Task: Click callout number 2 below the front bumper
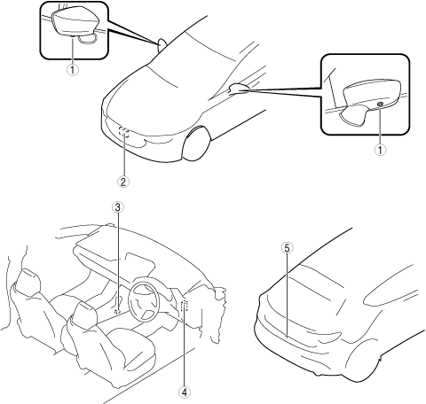pyautogui.click(x=123, y=182)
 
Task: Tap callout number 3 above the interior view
pyautogui.click(x=118, y=207)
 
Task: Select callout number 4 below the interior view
pyautogui.click(x=184, y=392)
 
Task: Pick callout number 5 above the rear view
pyautogui.click(x=287, y=248)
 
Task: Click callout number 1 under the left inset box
pyautogui.click(x=73, y=70)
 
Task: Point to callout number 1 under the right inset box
pyautogui.click(x=381, y=150)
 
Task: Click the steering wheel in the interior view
pyautogui.click(x=144, y=299)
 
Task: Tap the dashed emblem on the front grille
pyautogui.click(x=124, y=132)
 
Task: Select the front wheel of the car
pyautogui.click(x=195, y=144)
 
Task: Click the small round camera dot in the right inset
pyautogui.click(x=381, y=104)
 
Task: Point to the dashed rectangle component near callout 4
pyautogui.click(x=185, y=306)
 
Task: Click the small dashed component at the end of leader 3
pyautogui.click(x=118, y=311)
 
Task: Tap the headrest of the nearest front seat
pyautogui.click(x=84, y=314)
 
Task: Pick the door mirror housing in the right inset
pyautogui.click(x=372, y=93)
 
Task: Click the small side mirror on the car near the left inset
pyautogui.click(x=162, y=44)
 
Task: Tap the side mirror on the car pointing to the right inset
pyautogui.click(x=240, y=88)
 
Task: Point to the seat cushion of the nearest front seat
pyautogui.click(x=131, y=347)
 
